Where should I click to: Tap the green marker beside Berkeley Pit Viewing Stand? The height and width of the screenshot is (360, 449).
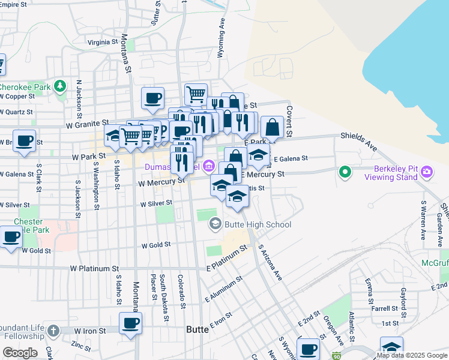point(345,173)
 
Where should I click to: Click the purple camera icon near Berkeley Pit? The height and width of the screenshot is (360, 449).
point(427,173)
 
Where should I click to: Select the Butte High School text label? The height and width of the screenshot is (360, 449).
point(258,224)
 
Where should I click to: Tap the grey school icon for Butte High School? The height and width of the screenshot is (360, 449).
point(215,224)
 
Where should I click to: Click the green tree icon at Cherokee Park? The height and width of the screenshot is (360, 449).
point(59,86)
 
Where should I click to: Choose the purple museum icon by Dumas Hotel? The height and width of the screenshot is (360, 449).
point(208,165)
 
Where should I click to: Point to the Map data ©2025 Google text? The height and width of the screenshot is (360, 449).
point(412,355)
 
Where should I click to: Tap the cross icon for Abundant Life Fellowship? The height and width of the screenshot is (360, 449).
point(53,331)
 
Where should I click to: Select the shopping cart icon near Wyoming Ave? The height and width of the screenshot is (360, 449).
point(196,94)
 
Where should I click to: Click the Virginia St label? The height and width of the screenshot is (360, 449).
point(103,43)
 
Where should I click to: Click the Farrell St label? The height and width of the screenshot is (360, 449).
point(385,308)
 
